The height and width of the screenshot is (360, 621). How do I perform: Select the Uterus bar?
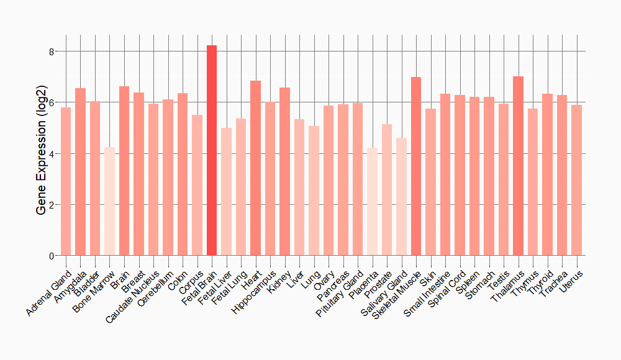tap(577, 180)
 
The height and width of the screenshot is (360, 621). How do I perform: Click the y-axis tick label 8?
tap(52, 52)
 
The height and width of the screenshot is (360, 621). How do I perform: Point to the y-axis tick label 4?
tap(52, 153)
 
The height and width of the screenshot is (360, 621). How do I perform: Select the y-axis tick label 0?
tap(52, 256)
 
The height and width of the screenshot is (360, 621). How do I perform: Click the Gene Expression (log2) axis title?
tap(41, 154)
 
